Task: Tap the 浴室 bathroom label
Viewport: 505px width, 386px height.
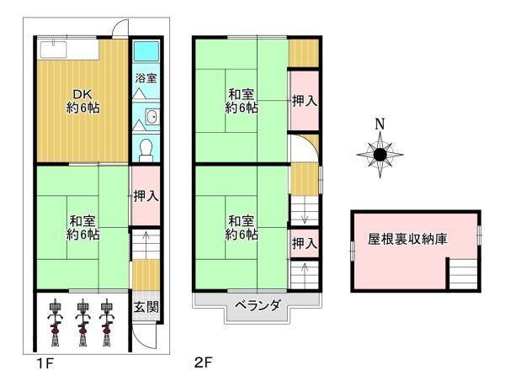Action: point(146,78)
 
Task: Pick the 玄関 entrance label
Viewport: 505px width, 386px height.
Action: point(144,304)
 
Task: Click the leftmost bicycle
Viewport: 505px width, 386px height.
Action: point(55,322)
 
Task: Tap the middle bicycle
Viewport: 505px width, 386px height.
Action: point(82,322)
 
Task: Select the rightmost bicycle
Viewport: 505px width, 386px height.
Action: point(106,322)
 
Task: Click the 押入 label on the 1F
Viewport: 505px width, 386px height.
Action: point(145,196)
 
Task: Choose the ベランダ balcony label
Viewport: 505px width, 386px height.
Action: point(258,304)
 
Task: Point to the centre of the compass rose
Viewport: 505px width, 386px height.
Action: point(380,155)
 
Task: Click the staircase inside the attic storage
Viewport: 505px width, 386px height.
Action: point(460,273)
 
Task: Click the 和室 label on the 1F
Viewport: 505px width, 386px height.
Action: point(82,228)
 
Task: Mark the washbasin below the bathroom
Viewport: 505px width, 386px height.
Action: point(150,118)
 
